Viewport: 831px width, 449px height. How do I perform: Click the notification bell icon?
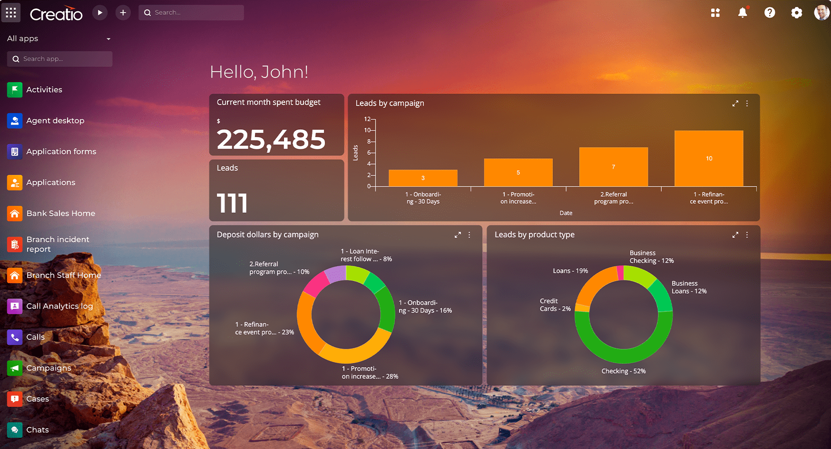click(742, 13)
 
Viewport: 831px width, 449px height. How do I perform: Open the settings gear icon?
click(796, 13)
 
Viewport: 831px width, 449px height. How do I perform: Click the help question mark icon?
click(769, 13)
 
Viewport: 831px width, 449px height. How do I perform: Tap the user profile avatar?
click(821, 13)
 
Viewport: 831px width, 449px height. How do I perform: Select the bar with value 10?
click(708, 158)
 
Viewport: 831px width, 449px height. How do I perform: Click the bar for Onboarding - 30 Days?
click(422, 178)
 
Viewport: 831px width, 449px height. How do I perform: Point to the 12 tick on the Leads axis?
click(367, 119)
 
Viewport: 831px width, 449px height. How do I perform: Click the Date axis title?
click(566, 213)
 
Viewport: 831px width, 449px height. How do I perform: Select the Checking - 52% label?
click(623, 371)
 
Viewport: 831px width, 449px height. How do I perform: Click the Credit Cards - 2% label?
click(555, 305)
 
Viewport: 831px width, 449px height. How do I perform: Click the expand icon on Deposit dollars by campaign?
click(458, 235)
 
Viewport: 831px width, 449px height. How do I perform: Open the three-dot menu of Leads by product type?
click(747, 235)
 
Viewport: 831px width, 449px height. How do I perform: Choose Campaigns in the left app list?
click(49, 368)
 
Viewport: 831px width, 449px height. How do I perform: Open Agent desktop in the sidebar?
click(55, 121)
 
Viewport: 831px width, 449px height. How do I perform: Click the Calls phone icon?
click(15, 337)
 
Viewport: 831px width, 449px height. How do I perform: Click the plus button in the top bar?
click(123, 13)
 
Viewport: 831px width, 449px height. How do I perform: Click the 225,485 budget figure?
click(271, 140)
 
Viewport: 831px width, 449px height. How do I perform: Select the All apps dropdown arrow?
click(108, 39)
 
